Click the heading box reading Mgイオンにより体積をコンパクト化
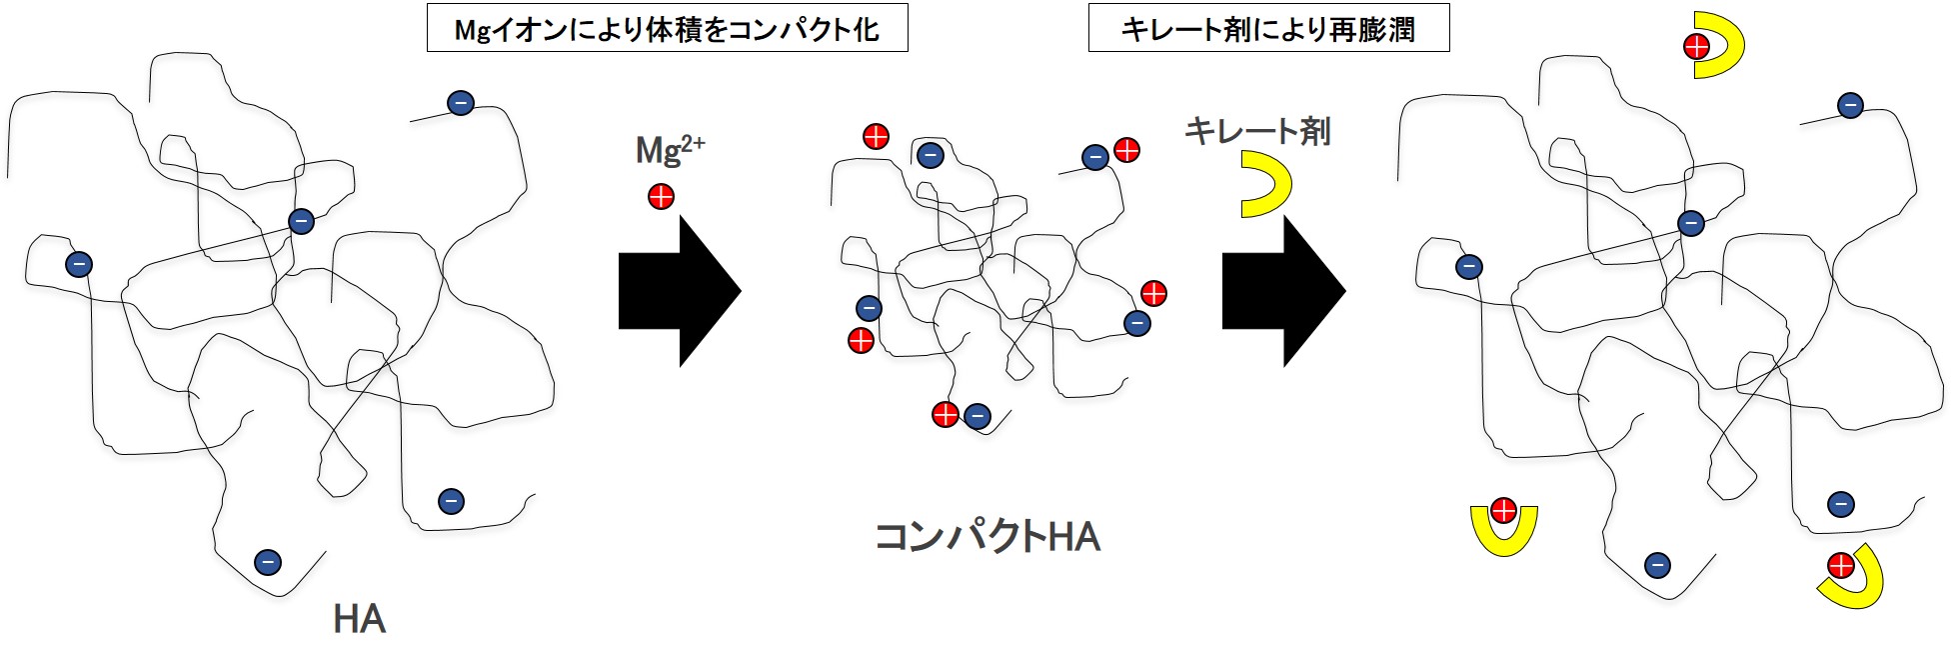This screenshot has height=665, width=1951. pyautogui.click(x=667, y=30)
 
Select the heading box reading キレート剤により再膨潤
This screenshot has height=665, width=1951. pyautogui.click(x=1267, y=30)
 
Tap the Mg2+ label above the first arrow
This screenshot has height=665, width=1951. pyautogui.click(x=670, y=151)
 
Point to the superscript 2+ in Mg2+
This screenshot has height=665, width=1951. pyautogui.click(x=692, y=143)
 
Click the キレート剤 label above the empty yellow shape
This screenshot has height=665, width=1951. pyautogui.click(x=1257, y=131)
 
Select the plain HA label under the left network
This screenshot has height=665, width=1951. pyautogui.click(x=359, y=620)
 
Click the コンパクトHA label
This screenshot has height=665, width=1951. pyautogui.click(x=987, y=537)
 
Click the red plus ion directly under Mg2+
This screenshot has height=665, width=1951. pyautogui.click(x=661, y=197)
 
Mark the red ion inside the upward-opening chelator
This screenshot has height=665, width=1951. pyautogui.click(x=1503, y=511)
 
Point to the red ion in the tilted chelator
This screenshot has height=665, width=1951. pyautogui.click(x=1840, y=566)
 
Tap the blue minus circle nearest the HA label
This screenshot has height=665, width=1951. pyautogui.click(x=267, y=562)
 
